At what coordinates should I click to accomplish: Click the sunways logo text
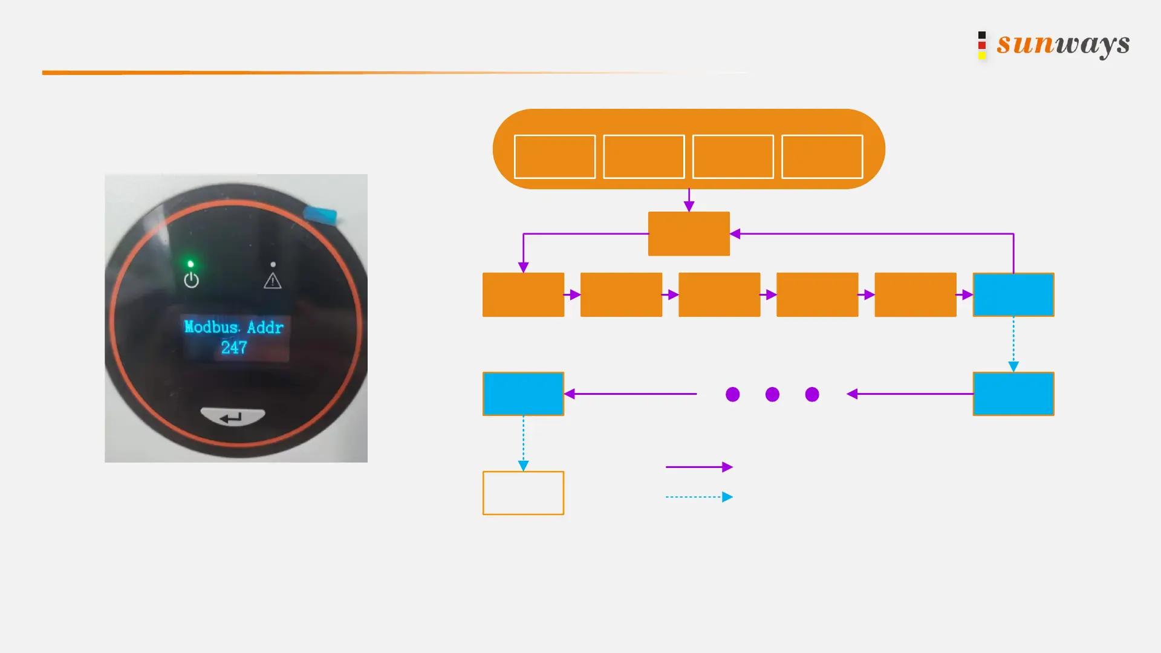click(1063, 44)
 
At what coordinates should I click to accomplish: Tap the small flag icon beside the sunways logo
click(982, 45)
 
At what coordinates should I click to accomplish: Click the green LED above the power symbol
click(190, 264)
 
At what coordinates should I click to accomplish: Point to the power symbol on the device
click(191, 280)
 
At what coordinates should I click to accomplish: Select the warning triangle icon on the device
click(273, 281)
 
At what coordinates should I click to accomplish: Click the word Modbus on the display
click(211, 327)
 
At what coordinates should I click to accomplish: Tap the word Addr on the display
click(265, 327)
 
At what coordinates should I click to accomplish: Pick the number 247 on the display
click(234, 348)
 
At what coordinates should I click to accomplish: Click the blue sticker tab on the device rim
click(320, 213)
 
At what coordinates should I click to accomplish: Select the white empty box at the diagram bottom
click(523, 493)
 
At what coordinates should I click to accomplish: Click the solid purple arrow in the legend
click(699, 467)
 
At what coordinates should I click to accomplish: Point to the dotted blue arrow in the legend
click(699, 497)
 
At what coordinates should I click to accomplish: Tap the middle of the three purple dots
click(772, 394)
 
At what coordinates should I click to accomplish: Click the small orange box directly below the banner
click(689, 233)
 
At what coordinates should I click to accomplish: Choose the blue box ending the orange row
click(1013, 294)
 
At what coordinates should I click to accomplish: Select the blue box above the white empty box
click(523, 394)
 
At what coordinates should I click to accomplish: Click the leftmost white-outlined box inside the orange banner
click(554, 157)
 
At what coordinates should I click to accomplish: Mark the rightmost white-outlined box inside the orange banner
click(822, 157)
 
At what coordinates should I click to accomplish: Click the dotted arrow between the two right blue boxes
click(1013, 343)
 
